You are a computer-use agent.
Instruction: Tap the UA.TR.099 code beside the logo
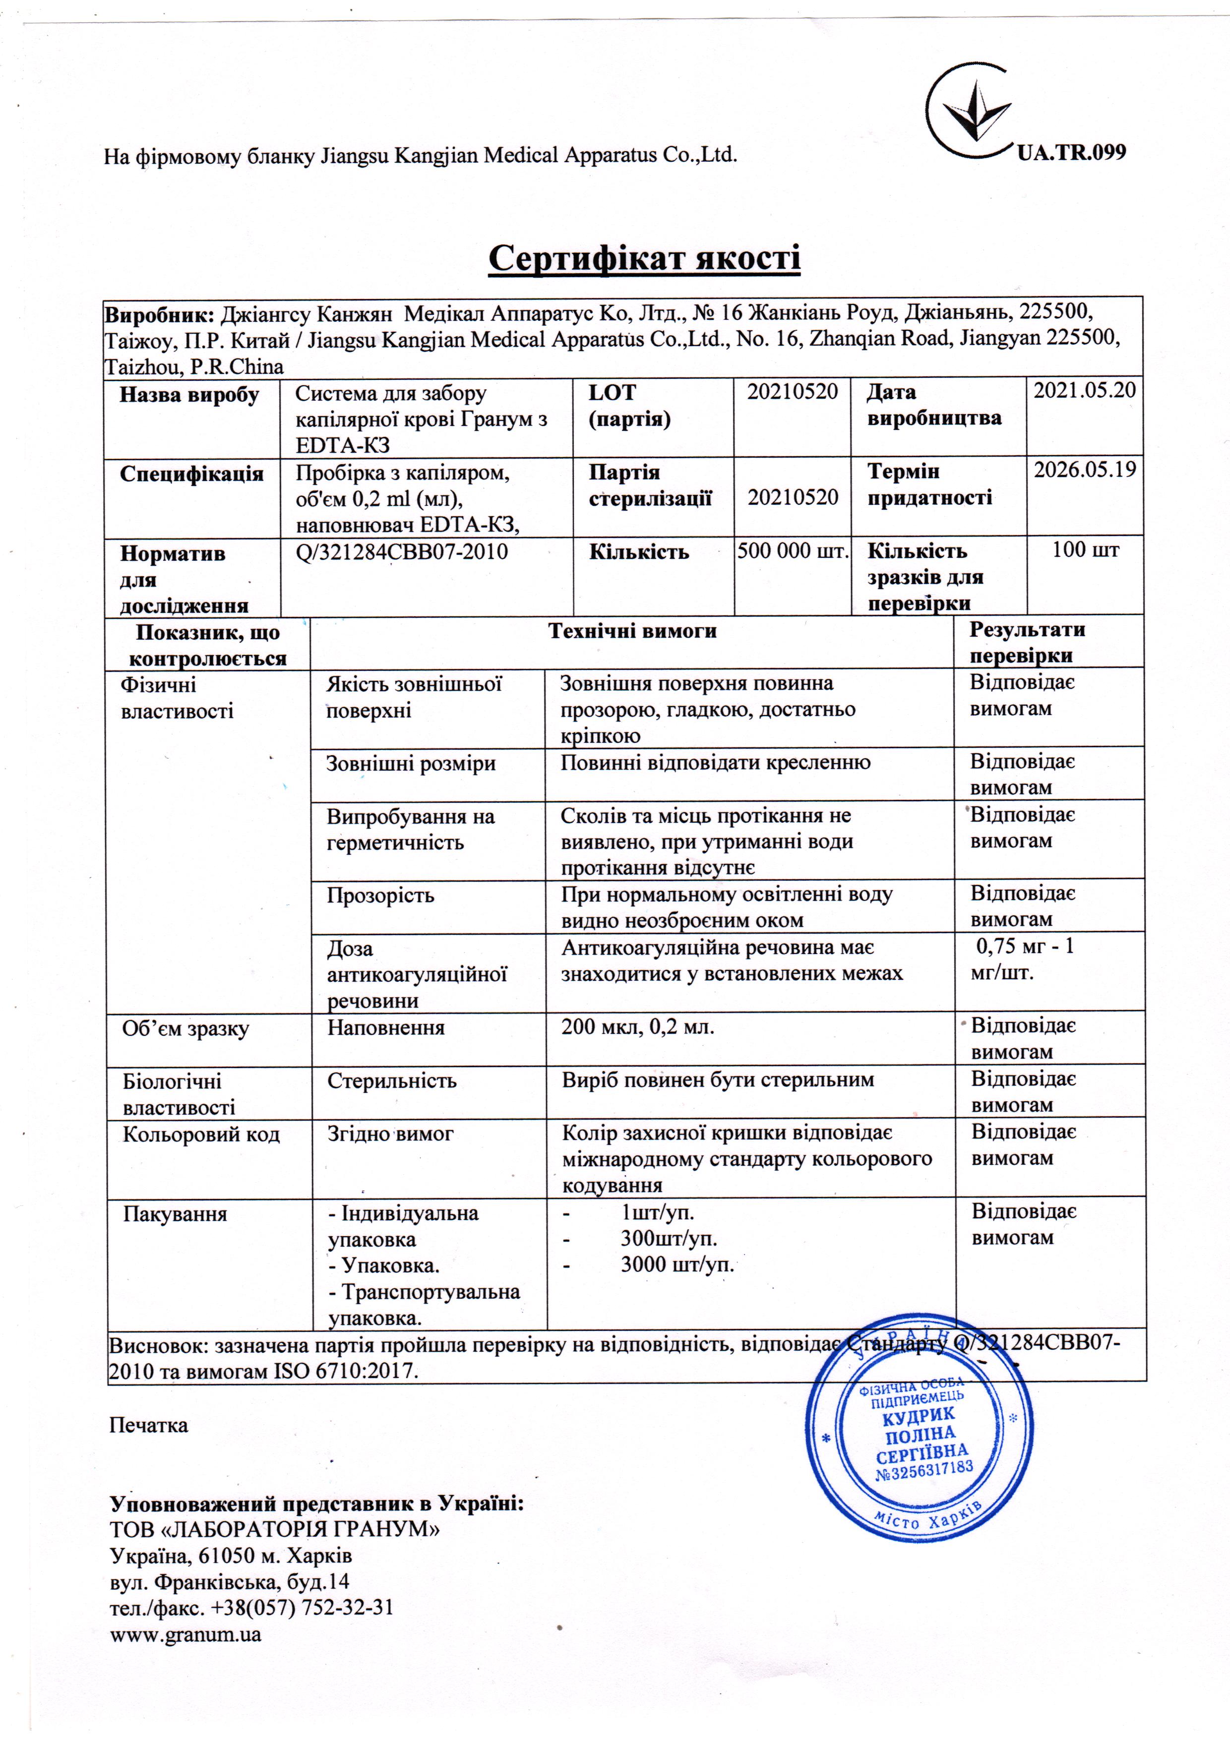[x=1071, y=152]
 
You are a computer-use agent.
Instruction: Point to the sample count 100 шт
[x=1085, y=550]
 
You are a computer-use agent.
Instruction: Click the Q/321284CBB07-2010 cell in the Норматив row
[x=401, y=551]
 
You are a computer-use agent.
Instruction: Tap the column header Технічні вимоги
[x=632, y=631]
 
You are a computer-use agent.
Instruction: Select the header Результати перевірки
[x=1027, y=642]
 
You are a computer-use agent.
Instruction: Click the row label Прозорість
[x=380, y=895]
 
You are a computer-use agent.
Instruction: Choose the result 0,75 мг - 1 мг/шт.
[x=1023, y=959]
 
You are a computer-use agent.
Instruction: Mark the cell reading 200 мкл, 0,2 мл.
[x=638, y=1028]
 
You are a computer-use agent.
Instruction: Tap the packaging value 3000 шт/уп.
[x=677, y=1264]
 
